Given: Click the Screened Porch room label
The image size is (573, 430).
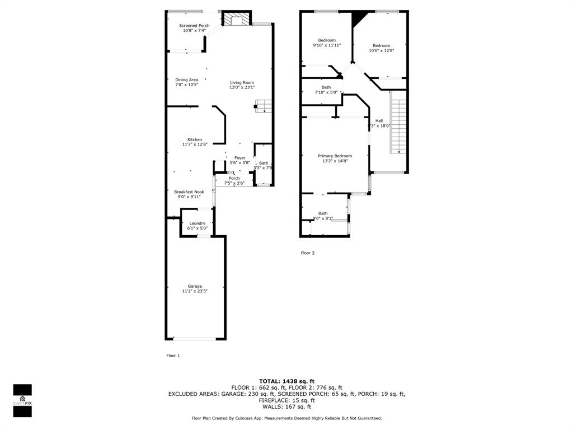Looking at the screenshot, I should (x=194, y=26).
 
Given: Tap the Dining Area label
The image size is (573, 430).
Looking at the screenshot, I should (x=186, y=80).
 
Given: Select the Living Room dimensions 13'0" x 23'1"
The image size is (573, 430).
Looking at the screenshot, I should (x=242, y=87).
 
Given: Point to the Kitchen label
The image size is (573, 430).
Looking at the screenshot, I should (x=195, y=139).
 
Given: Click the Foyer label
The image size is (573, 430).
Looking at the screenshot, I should (x=239, y=158).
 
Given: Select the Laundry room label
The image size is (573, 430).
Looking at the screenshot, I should (x=197, y=223).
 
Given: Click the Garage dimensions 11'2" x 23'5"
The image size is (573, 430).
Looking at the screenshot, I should (x=195, y=291).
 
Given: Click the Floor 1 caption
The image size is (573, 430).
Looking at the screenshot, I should (x=173, y=356).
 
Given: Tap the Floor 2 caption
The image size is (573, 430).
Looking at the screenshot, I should (x=308, y=253).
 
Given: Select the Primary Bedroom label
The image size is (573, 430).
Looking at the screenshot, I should (x=335, y=156).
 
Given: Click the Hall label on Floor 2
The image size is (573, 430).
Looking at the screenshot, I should (x=379, y=121).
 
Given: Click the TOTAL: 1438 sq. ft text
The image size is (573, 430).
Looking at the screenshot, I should (x=286, y=381).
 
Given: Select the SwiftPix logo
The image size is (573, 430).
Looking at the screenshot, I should (x=22, y=400).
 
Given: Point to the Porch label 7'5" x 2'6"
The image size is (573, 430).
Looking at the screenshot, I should (x=234, y=179).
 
